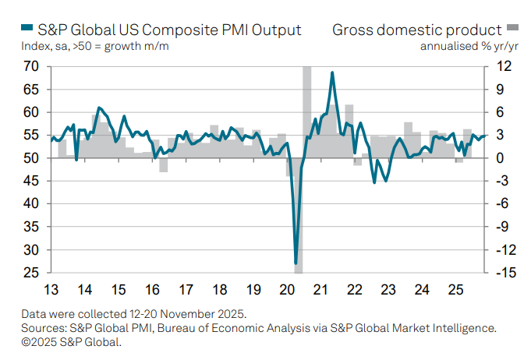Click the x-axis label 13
(x=51, y=291)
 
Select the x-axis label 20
(x=287, y=291)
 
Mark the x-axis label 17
(x=186, y=291)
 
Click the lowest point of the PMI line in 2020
(x=296, y=263)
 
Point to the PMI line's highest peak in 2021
(x=333, y=72)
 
